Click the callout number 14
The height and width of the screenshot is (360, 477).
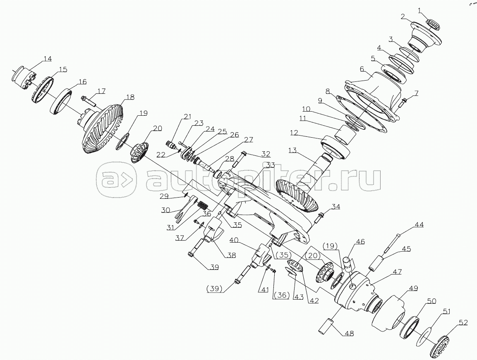48,59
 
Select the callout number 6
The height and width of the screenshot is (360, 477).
362,69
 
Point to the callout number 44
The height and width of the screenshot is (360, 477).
419,225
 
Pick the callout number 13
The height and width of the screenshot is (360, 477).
292,150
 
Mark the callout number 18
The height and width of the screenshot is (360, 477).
130,97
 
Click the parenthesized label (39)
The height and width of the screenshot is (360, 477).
214,288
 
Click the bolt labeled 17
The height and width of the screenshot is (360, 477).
88,100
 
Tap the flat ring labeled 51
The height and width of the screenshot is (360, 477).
423,334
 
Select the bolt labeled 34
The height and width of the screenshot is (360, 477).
320,217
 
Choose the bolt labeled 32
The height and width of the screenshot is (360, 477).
244,159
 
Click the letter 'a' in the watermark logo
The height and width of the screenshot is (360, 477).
109,180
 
